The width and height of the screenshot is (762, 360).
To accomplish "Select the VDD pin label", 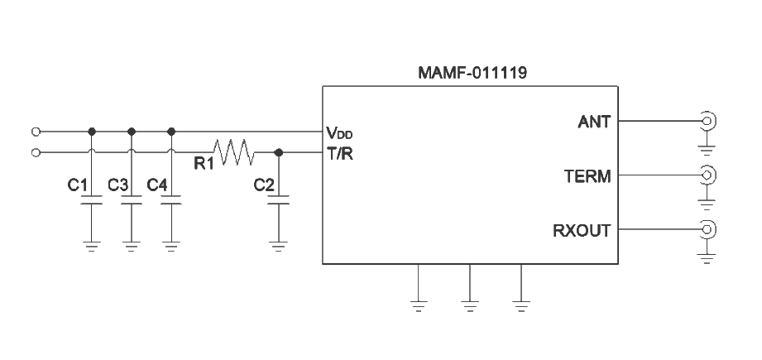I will coord(340,132).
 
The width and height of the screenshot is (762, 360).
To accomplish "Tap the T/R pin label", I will coord(340,153).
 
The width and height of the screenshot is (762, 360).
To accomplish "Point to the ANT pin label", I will coord(594,122).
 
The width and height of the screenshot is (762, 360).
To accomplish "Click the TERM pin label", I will coord(587,175).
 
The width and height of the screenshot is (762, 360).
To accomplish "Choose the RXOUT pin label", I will coord(582,230).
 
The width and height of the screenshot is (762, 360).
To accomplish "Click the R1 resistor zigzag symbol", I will coord(233,152).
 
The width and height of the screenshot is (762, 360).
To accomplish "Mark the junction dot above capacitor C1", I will coord(91,131).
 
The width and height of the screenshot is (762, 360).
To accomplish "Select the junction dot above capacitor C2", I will coord(279,152).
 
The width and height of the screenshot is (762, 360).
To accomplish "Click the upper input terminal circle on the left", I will coord(35,131).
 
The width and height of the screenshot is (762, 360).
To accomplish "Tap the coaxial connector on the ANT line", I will coord(707,122).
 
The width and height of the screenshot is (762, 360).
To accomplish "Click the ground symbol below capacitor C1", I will coord(91,246).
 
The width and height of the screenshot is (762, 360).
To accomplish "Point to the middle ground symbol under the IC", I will coord(470,304).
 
